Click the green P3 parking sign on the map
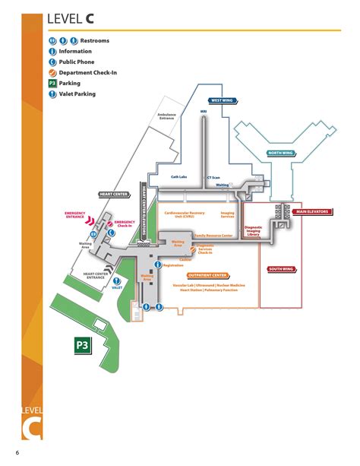point(81,347)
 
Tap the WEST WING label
point(223,100)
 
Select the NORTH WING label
point(282,154)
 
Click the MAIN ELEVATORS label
point(311,211)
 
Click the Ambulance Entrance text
point(167,116)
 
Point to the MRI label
point(204,111)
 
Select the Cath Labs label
point(179,176)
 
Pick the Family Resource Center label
point(213,236)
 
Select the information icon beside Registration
point(158,265)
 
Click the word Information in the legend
point(75,51)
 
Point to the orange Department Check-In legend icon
point(52,72)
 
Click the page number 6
point(17,454)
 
